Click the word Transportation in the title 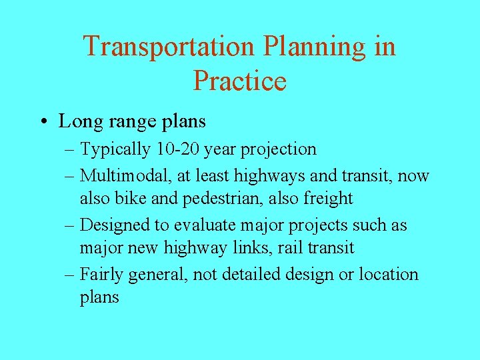coord(169,47)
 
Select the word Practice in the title coord(240,81)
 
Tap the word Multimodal coord(125,176)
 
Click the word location coord(389,275)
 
